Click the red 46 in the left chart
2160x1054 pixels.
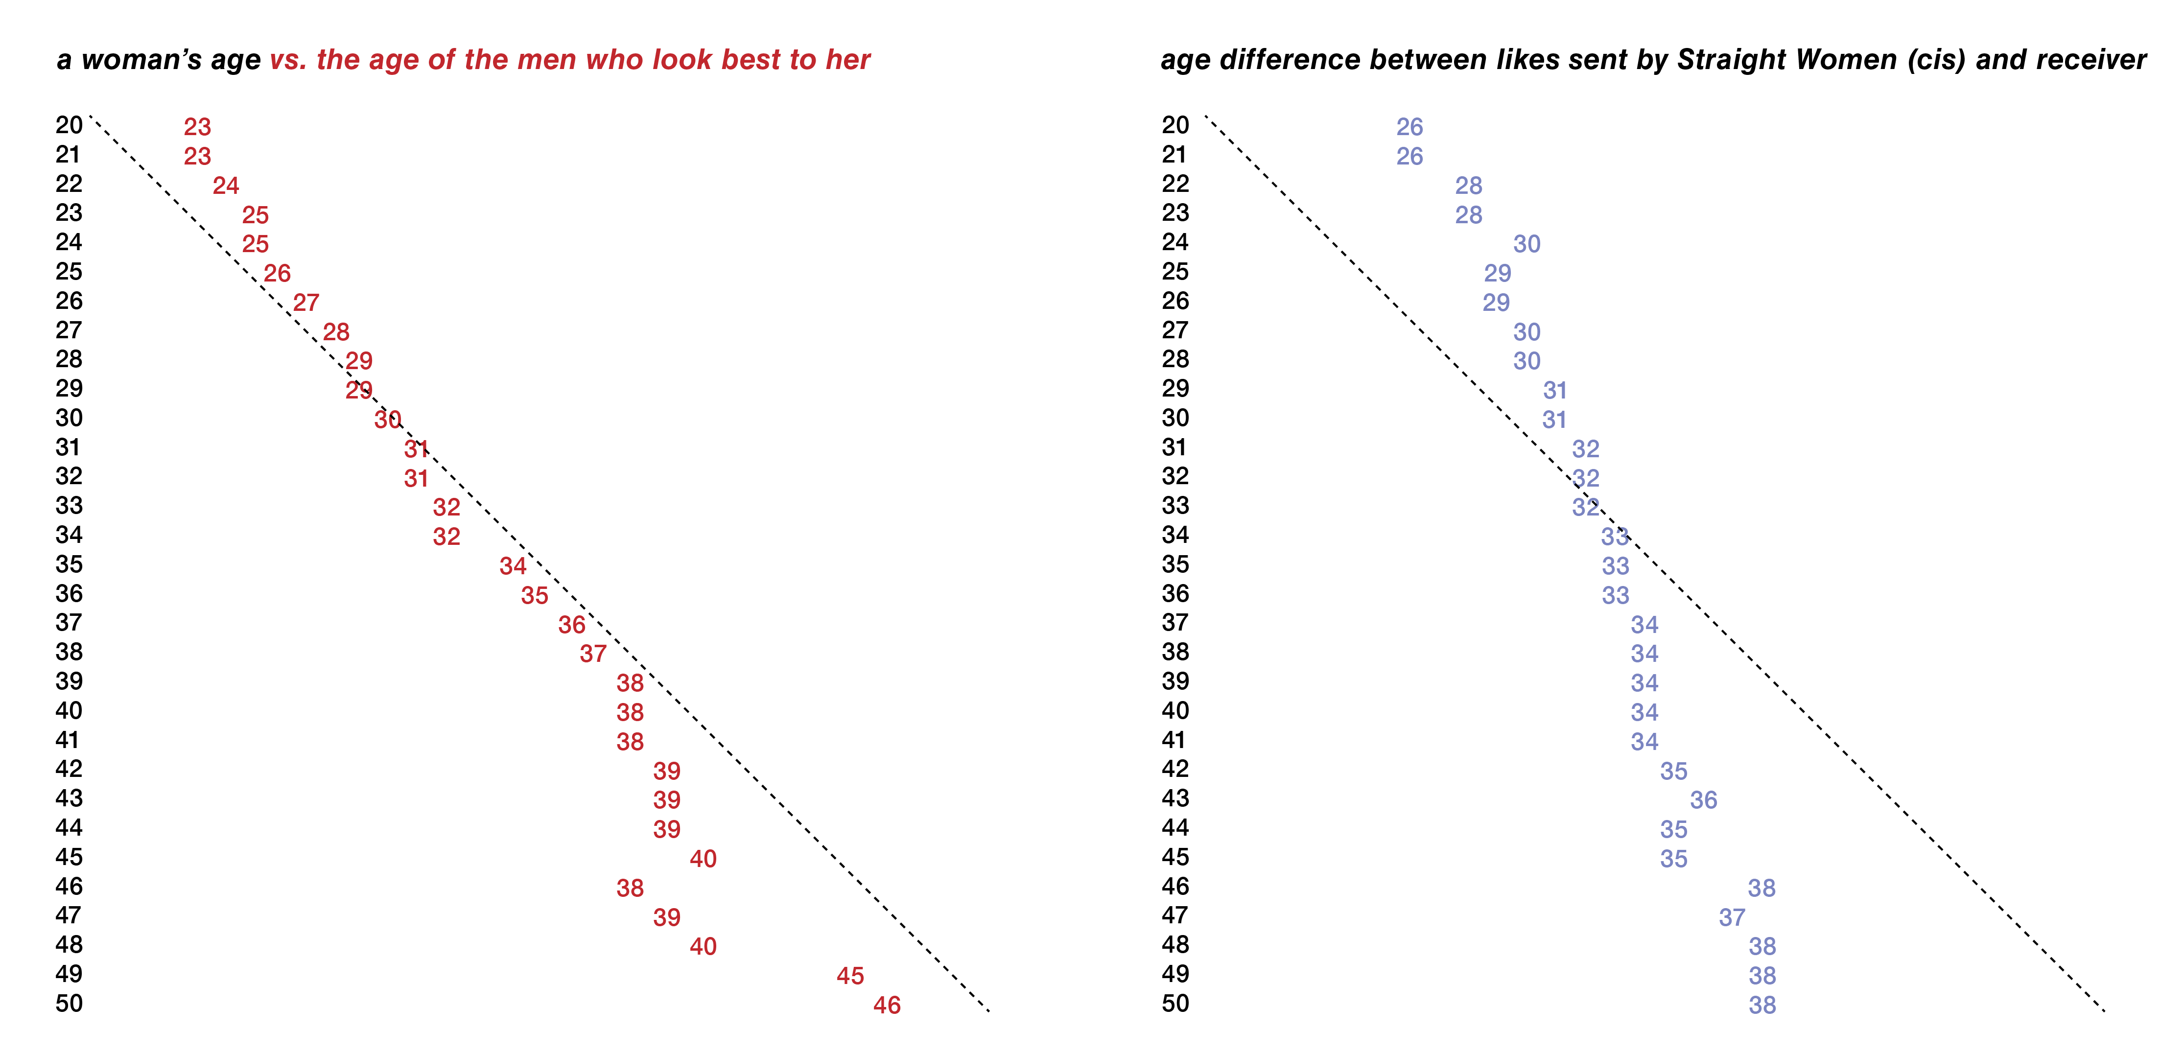click(x=886, y=1005)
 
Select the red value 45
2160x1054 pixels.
click(x=849, y=975)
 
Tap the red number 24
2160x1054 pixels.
click(x=226, y=186)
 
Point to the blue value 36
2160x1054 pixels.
click(x=1703, y=800)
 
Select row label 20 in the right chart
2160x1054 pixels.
click(x=1175, y=125)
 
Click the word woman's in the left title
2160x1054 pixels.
click(x=171, y=60)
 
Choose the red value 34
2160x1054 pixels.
click(x=512, y=566)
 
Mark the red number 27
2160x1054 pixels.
click(x=306, y=302)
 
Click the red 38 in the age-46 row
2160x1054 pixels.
click(x=630, y=888)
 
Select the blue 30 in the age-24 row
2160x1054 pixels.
click(x=1526, y=244)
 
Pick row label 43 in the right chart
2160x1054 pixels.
click(x=1175, y=798)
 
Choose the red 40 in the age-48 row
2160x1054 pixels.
click(x=703, y=947)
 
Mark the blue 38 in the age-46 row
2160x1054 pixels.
click(x=1761, y=888)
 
